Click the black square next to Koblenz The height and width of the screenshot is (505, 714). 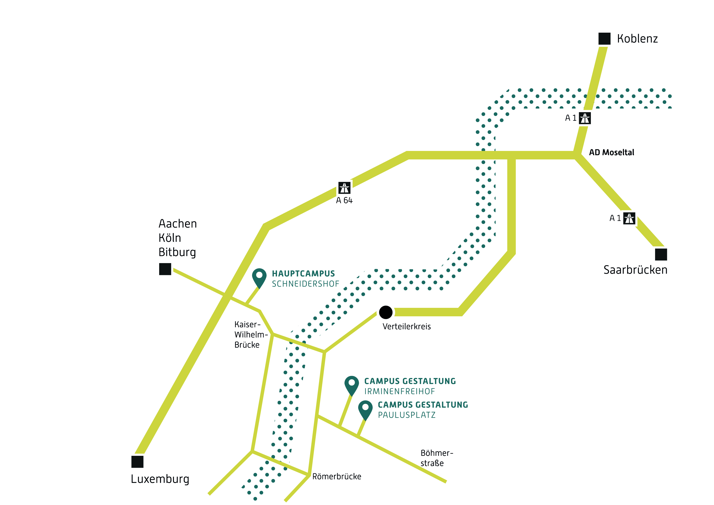(x=604, y=39)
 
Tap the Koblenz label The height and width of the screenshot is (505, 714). (x=637, y=39)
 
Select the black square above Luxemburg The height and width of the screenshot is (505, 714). (x=137, y=462)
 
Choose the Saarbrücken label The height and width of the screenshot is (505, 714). (x=635, y=270)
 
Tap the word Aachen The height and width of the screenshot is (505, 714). (x=178, y=224)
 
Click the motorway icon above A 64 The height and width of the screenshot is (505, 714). (x=344, y=188)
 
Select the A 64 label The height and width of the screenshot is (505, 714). (x=344, y=200)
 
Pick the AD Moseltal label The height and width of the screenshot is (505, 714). (x=611, y=152)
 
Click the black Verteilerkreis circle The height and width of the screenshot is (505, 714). (x=386, y=312)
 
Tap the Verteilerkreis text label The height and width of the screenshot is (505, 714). (x=406, y=327)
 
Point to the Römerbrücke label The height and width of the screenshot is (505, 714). (x=337, y=477)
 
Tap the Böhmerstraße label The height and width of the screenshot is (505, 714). (x=437, y=458)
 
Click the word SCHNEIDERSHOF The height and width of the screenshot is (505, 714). (x=305, y=284)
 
